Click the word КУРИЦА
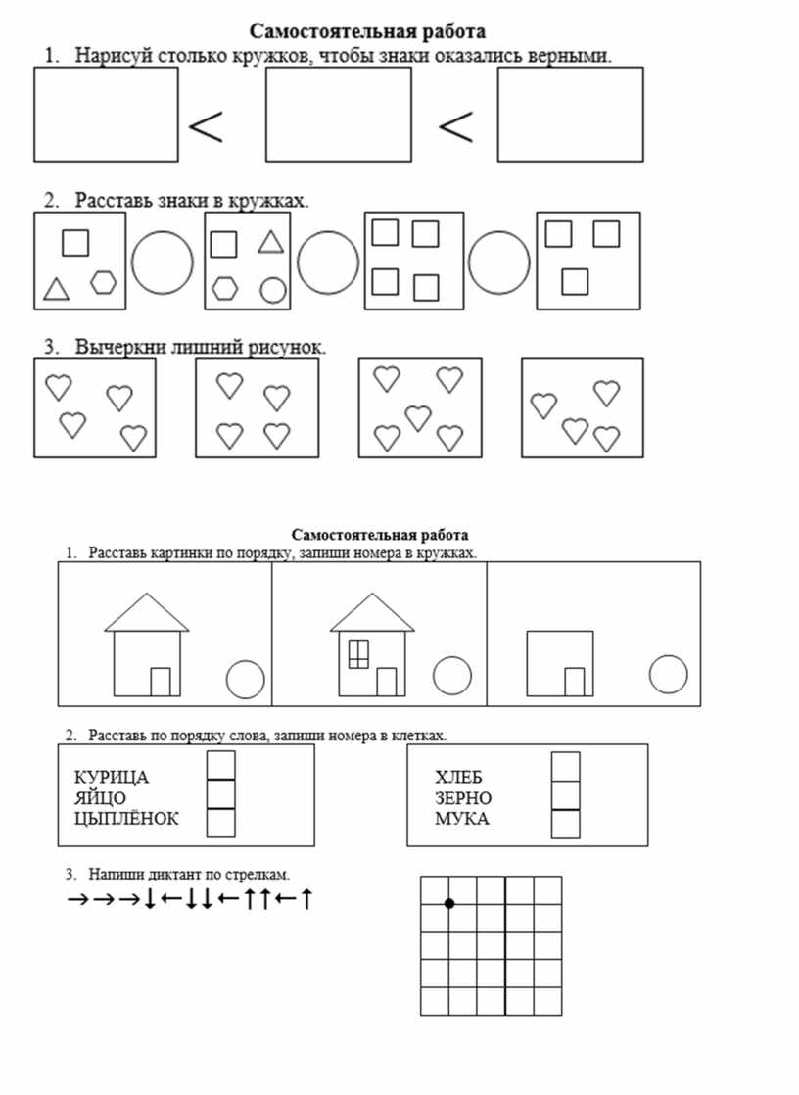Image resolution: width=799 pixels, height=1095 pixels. [112, 778]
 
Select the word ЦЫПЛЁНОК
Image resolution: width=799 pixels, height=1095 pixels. [126, 819]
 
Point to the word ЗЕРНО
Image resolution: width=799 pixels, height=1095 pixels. [463, 798]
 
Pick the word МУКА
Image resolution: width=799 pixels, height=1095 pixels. [462, 819]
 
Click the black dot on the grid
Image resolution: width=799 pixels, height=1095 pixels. [449, 903]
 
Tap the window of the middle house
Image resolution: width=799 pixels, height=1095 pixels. [358, 652]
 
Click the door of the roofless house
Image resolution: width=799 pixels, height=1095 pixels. [575, 682]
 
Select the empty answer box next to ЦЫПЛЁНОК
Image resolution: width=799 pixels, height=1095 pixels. [221, 824]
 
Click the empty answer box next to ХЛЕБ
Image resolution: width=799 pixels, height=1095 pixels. [566, 766]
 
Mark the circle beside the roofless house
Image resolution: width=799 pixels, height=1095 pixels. [668, 674]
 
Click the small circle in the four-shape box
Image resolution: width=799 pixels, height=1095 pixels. [273, 290]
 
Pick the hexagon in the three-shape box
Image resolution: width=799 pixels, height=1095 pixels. [104, 282]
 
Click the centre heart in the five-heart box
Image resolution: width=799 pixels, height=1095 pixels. [418, 417]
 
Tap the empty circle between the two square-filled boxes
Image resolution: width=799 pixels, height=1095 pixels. [498, 262]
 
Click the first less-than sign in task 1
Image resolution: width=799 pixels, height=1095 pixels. [206, 126]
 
